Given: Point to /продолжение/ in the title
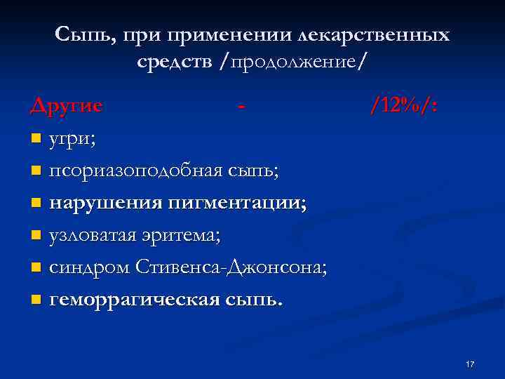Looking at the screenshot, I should click(292, 62).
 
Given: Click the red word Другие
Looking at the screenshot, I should click(67, 106).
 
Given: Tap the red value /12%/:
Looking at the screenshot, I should click(405, 106).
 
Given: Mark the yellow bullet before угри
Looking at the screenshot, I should click(36, 139).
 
